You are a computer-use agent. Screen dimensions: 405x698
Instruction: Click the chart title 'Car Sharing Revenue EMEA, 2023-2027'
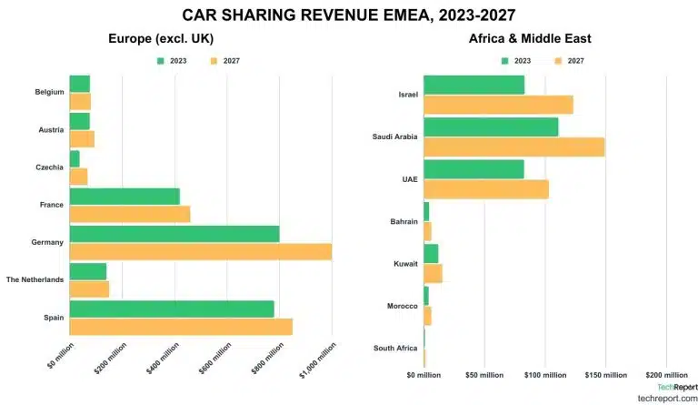click(x=349, y=15)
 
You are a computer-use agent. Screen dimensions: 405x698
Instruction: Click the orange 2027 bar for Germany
click(x=200, y=251)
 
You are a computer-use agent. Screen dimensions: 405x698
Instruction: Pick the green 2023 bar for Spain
click(x=171, y=309)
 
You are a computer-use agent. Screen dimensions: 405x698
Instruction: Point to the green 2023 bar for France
click(x=125, y=196)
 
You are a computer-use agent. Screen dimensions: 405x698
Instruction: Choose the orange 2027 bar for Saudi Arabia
click(x=514, y=147)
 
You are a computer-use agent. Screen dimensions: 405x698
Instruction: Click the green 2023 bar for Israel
click(x=474, y=85)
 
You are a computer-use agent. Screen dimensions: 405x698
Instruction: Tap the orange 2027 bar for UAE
click(x=485, y=189)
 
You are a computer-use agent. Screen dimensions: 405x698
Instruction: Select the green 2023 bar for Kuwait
click(x=431, y=253)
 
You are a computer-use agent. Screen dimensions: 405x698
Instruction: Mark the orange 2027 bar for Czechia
click(x=78, y=177)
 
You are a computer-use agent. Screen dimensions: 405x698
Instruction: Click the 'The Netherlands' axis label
click(x=35, y=279)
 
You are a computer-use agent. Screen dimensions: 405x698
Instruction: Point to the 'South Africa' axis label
click(x=395, y=348)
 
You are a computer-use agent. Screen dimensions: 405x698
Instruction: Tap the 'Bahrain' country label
click(x=403, y=221)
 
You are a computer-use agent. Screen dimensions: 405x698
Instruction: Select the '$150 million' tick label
click(x=605, y=375)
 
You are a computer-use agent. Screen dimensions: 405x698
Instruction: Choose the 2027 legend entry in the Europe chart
click(x=224, y=61)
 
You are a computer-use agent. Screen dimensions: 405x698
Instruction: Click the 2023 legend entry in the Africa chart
click(x=519, y=61)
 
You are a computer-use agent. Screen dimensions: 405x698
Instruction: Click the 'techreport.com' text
click(x=667, y=399)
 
